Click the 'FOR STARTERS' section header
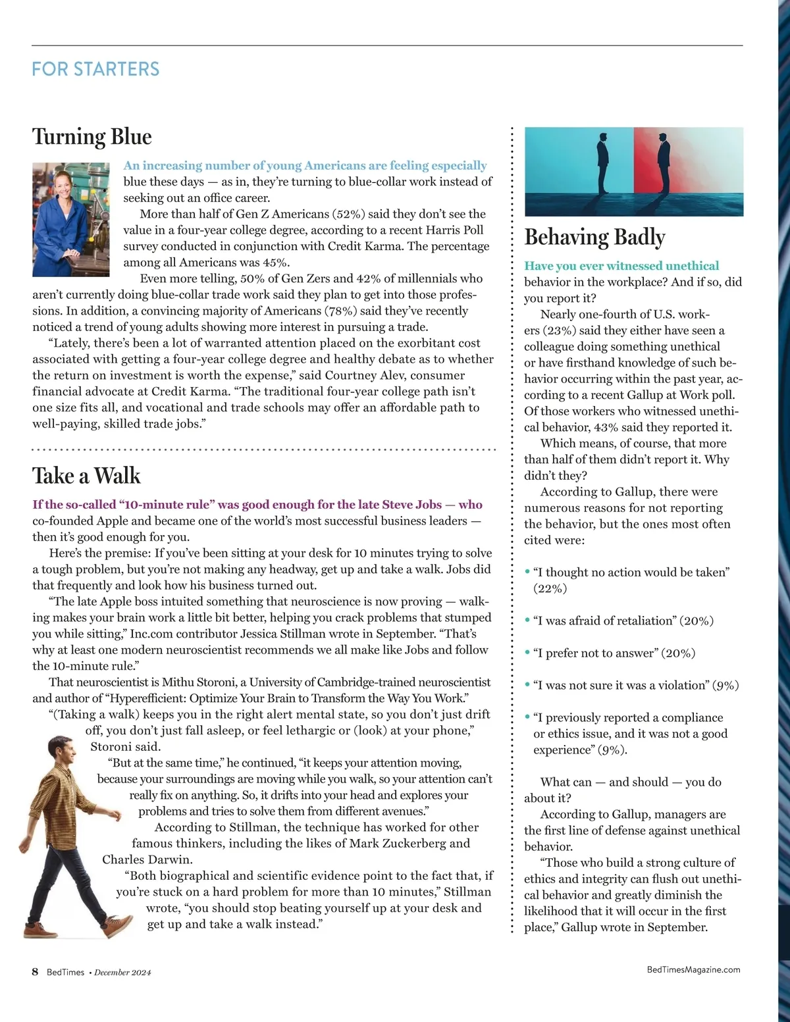[x=95, y=69]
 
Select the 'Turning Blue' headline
[x=92, y=136]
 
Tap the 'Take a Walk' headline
[x=86, y=475]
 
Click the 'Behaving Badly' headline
[x=594, y=237]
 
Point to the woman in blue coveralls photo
[x=71, y=219]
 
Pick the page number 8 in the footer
[x=36, y=972]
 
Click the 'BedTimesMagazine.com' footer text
[x=693, y=969]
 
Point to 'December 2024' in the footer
[x=122, y=973]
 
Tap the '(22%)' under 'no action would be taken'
[x=550, y=588]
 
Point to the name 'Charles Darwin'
[x=147, y=859]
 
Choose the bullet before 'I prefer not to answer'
[x=527, y=653]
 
